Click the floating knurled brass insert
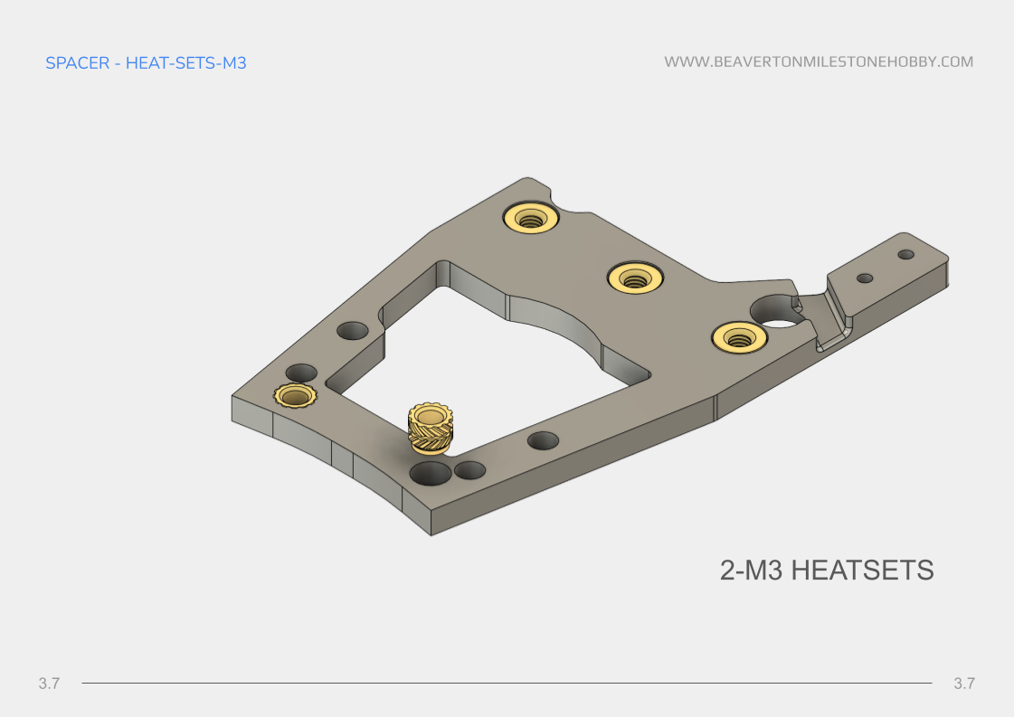pos(431,428)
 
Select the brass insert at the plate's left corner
pos(294,396)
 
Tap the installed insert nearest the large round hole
pos(739,338)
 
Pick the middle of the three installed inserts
pos(636,277)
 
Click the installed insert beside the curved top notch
pos(530,218)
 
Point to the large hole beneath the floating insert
pos(430,473)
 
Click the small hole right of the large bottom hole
pos(470,470)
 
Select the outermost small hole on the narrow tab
pos(905,255)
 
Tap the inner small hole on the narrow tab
pos(865,278)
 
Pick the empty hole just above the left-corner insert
pos(301,373)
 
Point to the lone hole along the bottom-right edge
pos(543,441)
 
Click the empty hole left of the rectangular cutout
pos(353,330)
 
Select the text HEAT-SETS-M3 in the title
pos(186,63)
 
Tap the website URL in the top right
pos(819,62)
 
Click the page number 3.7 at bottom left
pos(49,684)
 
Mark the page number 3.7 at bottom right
pos(964,684)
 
